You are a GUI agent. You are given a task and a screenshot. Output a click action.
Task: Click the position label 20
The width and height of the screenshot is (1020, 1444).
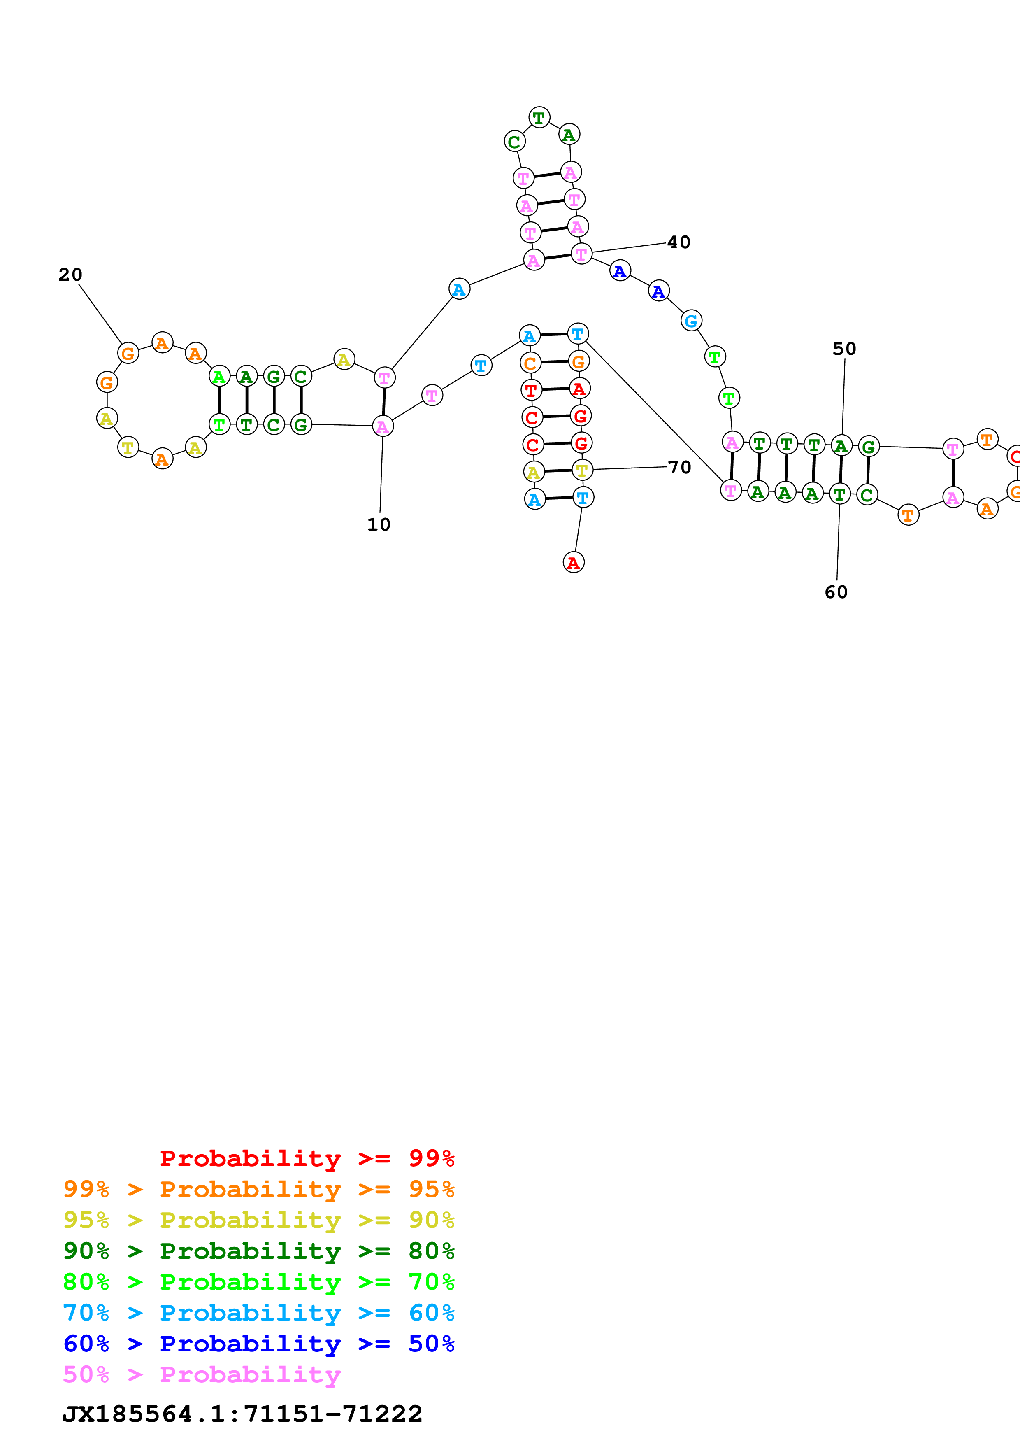pos(70,275)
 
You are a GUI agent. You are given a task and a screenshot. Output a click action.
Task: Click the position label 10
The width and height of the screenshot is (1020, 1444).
pos(379,524)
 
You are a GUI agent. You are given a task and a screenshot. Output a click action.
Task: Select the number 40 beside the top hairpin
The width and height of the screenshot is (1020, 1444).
pos(679,242)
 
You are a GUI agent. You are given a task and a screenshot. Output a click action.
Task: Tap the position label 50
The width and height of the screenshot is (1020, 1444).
pos(845,349)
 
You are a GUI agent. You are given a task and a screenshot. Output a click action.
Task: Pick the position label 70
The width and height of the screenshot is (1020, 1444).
pos(679,467)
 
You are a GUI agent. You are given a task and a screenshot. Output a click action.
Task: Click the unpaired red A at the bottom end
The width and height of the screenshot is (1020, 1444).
pos(573,563)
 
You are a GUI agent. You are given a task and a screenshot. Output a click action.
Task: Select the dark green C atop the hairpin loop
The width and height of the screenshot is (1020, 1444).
pos(514,142)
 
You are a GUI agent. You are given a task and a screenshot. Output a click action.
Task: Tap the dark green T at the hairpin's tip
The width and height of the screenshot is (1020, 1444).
pos(539,118)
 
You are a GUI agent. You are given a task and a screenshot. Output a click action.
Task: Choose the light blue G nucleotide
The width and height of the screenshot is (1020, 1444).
pos(691,321)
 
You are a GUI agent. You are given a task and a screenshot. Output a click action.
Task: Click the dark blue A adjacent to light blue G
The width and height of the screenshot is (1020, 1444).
pos(658,291)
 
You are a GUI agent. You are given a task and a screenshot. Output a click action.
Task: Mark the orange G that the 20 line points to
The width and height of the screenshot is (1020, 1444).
pos(128,354)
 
